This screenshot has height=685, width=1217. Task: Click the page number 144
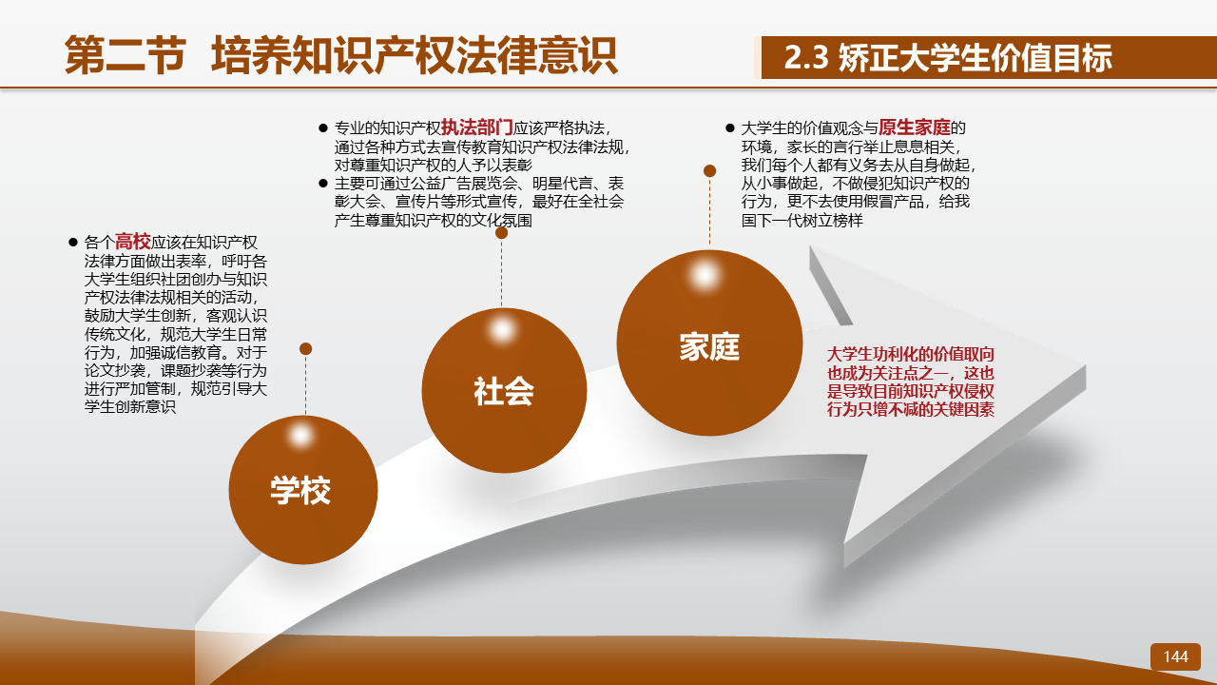1175,656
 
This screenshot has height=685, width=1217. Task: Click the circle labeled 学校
302,490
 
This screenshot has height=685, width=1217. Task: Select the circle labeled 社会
504,390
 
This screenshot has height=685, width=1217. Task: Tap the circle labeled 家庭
709,342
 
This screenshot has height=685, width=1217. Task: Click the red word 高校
132,242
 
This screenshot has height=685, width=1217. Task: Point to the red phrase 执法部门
477,127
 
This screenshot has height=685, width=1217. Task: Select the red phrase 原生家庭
915,127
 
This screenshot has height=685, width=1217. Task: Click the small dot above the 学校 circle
305,348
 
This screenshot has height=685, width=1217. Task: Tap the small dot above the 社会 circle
501,233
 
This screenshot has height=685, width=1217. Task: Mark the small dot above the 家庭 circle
709,170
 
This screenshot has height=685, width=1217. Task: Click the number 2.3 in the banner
806,57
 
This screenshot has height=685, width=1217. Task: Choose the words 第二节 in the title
126,55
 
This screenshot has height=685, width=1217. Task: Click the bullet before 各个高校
73,242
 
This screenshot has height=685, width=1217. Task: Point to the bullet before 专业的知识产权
323,127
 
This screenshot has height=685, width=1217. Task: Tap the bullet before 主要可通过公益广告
323,184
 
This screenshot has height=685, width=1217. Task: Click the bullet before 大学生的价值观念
730,127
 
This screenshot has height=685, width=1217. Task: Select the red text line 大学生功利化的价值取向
911,355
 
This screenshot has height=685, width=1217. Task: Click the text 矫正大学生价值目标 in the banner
976,57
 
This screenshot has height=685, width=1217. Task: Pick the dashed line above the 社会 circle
501,273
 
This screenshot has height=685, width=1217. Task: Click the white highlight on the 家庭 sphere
705,275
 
